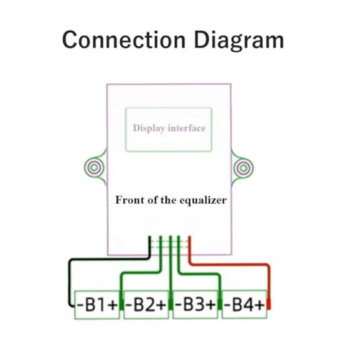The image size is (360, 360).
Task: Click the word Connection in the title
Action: pos(124,40)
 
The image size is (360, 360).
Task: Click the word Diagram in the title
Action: pos(239,41)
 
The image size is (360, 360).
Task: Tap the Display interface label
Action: pos(169,128)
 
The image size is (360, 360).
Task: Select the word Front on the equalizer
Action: pos(130,200)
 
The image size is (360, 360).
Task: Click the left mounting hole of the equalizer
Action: pos(94,167)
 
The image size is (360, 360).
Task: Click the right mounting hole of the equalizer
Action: pos(243,168)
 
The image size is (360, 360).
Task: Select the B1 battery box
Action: pos(97,305)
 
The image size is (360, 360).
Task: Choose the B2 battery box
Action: pos(146,305)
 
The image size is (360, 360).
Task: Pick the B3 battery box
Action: pos(195,305)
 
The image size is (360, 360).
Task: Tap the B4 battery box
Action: pos(244,305)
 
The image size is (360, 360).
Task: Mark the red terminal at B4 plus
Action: pos(269,305)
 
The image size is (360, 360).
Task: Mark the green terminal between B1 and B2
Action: pos(122,305)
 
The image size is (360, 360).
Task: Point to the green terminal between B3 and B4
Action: pos(220,305)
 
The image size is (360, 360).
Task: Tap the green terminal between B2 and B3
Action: pos(171,305)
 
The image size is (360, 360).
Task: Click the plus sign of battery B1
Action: pos(113,305)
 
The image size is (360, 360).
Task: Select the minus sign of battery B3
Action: pos(179,305)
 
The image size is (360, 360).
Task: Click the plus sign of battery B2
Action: pos(161,305)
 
